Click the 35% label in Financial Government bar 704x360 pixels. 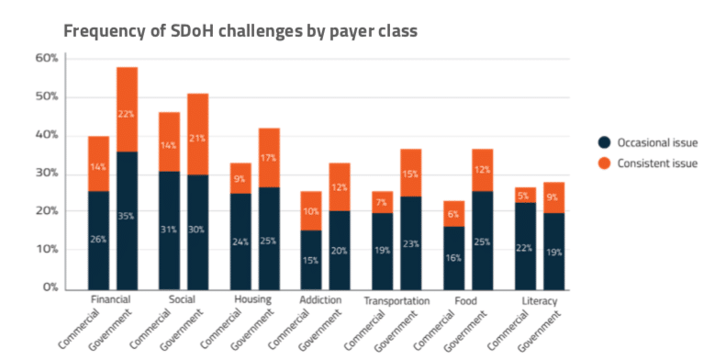pos(128,242)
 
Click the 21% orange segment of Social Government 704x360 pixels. pos(198,138)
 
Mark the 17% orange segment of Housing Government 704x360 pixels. pos(270,159)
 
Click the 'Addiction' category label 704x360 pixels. pos(321,301)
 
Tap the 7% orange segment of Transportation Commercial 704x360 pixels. pos(383,201)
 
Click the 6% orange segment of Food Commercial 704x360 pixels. pos(453,213)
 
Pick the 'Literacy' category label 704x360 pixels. pos(539,301)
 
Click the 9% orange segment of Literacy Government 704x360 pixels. pos(553,197)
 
